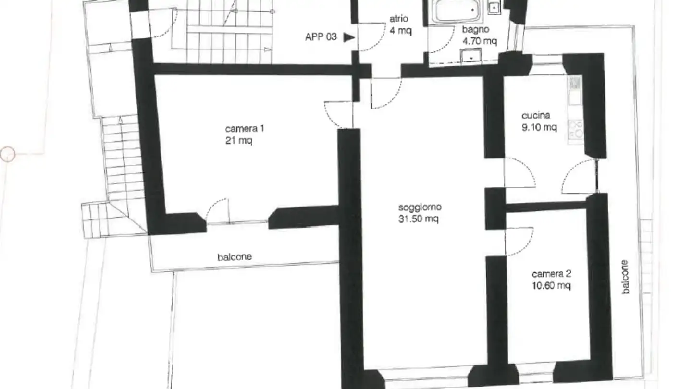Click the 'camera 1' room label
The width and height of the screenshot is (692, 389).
[x=245, y=129]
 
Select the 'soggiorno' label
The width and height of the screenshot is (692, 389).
[x=420, y=207]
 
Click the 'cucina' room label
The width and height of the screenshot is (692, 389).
[x=535, y=116]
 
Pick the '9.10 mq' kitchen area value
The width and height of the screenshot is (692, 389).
[x=539, y=127]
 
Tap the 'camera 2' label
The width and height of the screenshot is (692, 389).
[x=551, y=274]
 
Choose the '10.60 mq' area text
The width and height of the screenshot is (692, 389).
[x=551, y=286]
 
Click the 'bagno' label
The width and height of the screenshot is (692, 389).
[x=475, y=30]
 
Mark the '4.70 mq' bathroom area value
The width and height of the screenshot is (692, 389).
[x=479, y=41]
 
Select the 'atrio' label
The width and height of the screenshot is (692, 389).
[x=399, y=19]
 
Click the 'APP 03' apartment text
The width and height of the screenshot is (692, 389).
[x=321, y=37]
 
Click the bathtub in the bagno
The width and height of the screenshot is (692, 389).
[x=455, y=11]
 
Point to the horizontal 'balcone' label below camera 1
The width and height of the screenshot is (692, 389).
[x=235, y=257]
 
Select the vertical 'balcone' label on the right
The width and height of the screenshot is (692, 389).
[x=625, y=277]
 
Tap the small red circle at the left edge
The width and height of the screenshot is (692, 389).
[x=7, y=154]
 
